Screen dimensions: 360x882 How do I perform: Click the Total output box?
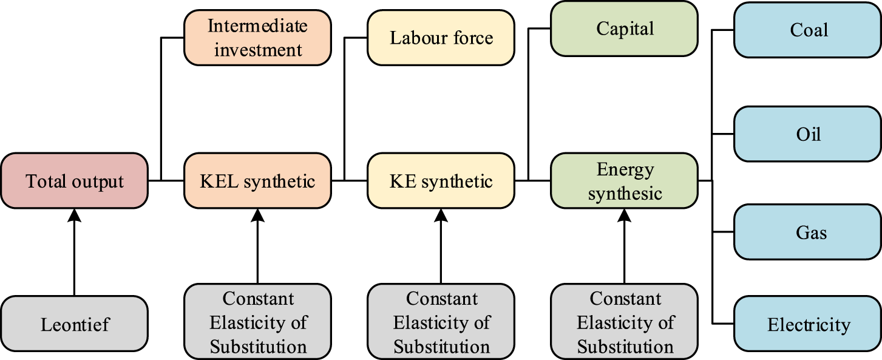pos(74,180)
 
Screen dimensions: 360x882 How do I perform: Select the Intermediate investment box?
pos(257,38)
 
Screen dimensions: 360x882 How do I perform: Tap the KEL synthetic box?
pos(257,180)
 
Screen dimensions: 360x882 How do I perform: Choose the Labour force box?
pos(441,38)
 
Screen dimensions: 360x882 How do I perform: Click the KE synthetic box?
pos(441,180)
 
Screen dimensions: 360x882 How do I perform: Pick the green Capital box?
pos(625,29)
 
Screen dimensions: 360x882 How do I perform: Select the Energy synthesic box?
pos(625,180)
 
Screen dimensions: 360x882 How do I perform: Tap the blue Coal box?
pos(808,30)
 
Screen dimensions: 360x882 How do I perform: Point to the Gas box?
pos(808,232)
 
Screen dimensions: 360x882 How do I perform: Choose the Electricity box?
pos(808,324)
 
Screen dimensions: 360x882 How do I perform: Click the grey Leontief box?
pos(74,324)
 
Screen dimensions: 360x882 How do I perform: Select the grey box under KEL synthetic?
pos(257,322)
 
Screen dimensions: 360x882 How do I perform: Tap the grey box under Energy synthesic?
pos(625,322)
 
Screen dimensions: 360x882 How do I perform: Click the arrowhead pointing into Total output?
pos(74,214)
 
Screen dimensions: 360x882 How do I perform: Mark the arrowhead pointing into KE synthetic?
pos(441,214)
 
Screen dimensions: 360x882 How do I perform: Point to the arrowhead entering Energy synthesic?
pos(625,214)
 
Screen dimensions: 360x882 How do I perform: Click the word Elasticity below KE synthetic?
pos(430,322)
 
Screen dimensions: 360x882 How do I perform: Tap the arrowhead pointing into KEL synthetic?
pos(257,214)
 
